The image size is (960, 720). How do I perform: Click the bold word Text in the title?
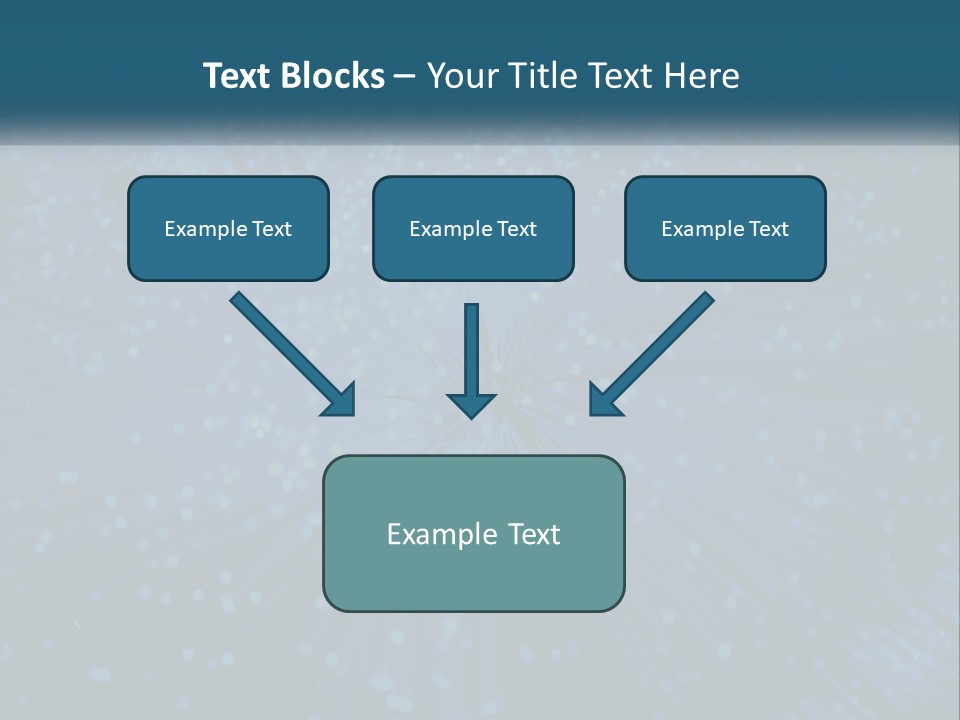(x=236, y=76)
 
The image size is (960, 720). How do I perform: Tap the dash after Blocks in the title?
(x=405, y=77)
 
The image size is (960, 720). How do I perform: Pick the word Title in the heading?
(x=535, y=76)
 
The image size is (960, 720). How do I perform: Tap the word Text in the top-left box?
(x=272, y=229)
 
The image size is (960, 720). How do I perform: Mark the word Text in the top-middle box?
(x=517, y=229)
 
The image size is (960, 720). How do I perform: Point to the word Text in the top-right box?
(x=769, y=229)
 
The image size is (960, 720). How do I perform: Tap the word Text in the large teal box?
(x=535, y=535)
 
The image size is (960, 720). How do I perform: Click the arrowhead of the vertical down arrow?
(x=471, y=405)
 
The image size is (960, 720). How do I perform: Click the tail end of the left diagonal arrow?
(x=238, y=299)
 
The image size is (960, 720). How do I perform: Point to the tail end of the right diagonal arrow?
(x=706, y=299)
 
